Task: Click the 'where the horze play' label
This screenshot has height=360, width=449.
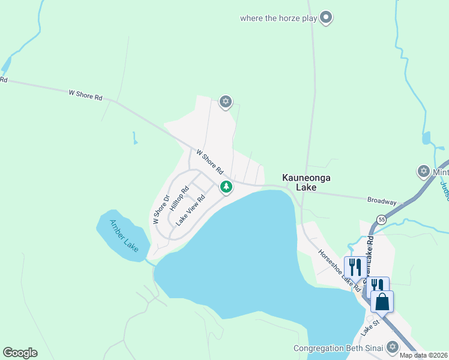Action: click(278, 18)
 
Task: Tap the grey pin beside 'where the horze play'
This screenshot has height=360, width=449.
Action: click(326, 17)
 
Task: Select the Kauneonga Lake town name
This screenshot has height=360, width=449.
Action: click(307, 183)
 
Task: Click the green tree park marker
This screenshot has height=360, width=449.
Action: click(226, 187)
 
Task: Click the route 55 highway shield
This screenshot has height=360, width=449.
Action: click(381, 221)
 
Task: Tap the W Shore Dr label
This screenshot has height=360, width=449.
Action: click(160, 208)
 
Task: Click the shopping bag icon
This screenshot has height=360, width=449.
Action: click(382, 301)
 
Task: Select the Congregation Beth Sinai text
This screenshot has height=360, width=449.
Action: click(338, 348)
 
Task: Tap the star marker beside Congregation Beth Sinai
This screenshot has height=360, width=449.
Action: click(393, 347)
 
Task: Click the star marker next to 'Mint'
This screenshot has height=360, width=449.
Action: click(424, 172)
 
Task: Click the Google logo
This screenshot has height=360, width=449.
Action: click(20, 352)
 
